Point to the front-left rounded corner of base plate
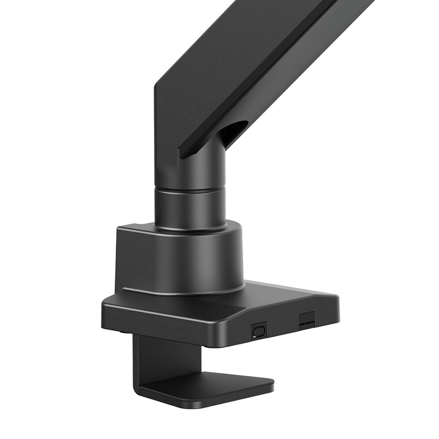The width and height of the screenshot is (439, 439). point(106,305)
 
